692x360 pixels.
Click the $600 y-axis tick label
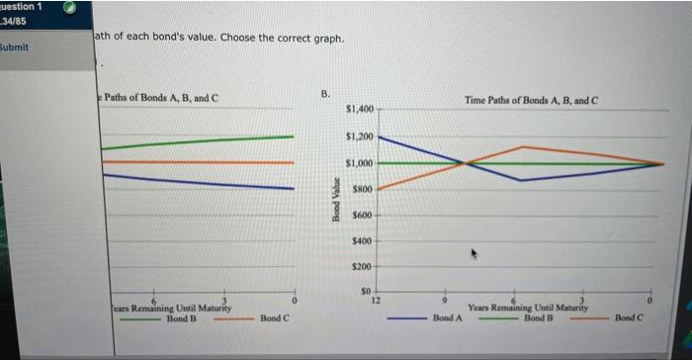tap(361, 215)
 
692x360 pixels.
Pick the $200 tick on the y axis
tap(361, 267)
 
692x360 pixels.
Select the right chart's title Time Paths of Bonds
tap(533, 102)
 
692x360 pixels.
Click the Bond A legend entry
tap(448, 318)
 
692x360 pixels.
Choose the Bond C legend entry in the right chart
tap(628, 318)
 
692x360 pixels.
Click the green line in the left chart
tap(198, 141)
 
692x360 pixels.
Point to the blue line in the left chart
tap(198, 182)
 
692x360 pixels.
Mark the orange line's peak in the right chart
tap(522, 146)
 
